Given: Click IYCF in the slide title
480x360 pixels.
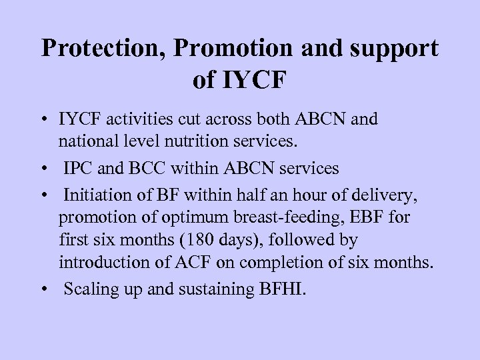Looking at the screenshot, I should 258,81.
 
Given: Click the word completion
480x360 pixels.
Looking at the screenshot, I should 287,262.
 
